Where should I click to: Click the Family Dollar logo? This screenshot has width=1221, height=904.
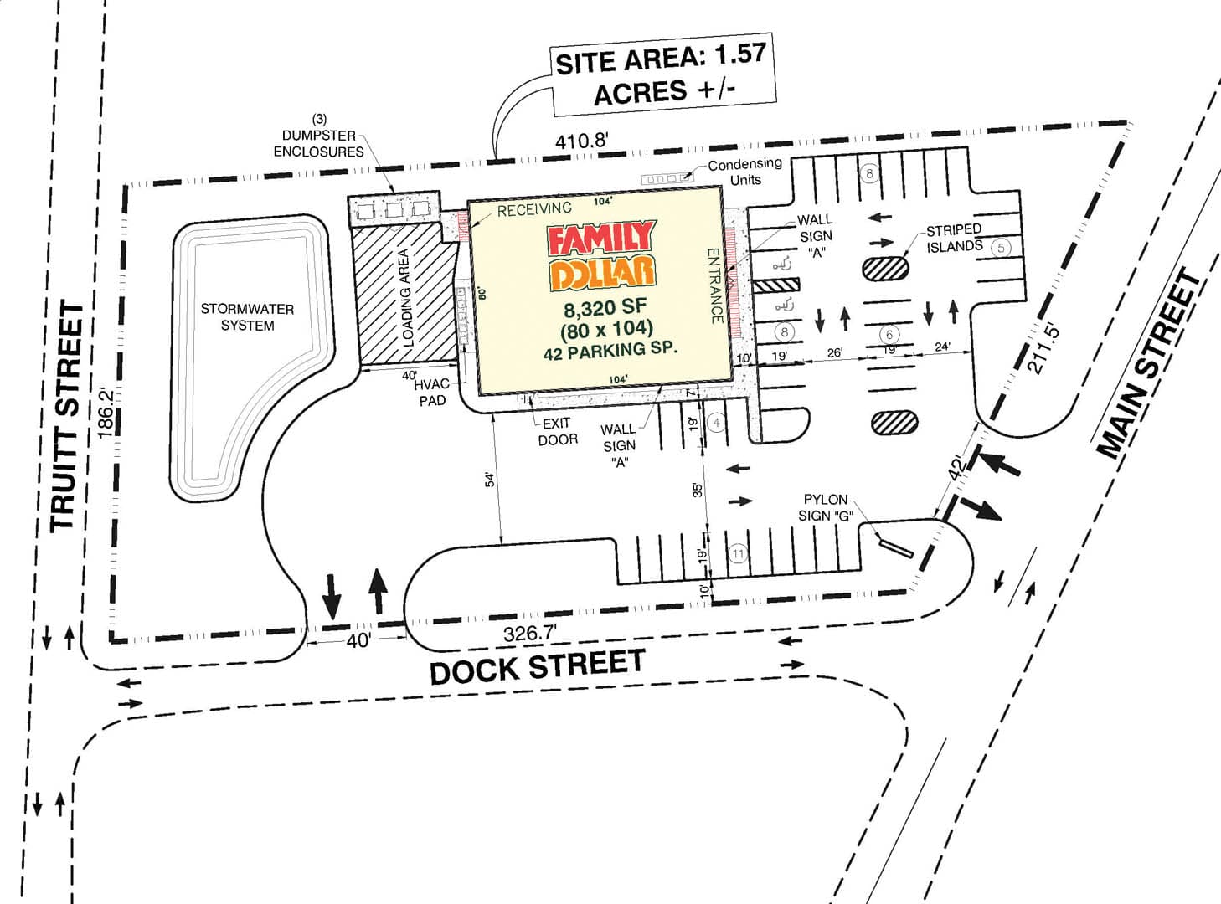tap(600, 255)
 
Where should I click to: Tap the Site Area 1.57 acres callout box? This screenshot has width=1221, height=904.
tap(662, 75)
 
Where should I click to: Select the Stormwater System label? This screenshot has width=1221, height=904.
tap(247, 317)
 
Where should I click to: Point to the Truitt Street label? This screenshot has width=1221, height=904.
tap(67, 418)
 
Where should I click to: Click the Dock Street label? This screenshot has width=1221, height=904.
tap(538, 666)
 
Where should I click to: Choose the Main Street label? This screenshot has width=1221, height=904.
tap(1149, 363)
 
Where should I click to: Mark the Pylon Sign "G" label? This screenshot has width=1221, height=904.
tap(827, 508)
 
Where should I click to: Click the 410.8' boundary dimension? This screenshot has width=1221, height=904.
tap(581, 141)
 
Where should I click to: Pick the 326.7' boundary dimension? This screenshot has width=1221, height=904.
tap(530, 634)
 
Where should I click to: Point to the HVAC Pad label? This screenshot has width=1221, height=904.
tap(432, 392)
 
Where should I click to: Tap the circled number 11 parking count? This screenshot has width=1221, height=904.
tap(738, 553)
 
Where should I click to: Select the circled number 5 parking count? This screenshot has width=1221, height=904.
tap(1001, 248)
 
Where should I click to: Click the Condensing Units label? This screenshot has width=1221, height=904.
tap(744, 172)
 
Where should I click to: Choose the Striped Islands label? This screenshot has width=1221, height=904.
tap(955, 238)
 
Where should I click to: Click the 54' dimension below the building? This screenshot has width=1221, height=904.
tap(490, 479)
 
